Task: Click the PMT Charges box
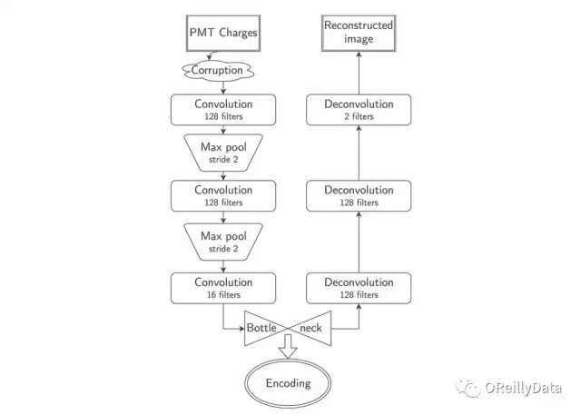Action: click(x=222, y=34)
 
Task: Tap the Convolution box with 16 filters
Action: click(x=222, y=288)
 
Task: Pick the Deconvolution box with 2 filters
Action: click(x=359, y=110)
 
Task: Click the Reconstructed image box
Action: click(x=359, y=34)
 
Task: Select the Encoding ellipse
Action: click(x=288, y=382)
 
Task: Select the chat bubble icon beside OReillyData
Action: click(x=470, y=389)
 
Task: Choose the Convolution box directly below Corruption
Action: click(x=222, y=110)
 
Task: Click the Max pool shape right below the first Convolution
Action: click(x=222, y=153)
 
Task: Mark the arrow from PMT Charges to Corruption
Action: click(x=222, y=55)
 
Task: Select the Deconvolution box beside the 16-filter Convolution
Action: click(x=359, y=288)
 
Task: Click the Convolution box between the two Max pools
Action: click(x=222, y=196)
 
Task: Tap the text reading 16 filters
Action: click(x=222, y=295)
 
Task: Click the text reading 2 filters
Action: click(x=359, y=117)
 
